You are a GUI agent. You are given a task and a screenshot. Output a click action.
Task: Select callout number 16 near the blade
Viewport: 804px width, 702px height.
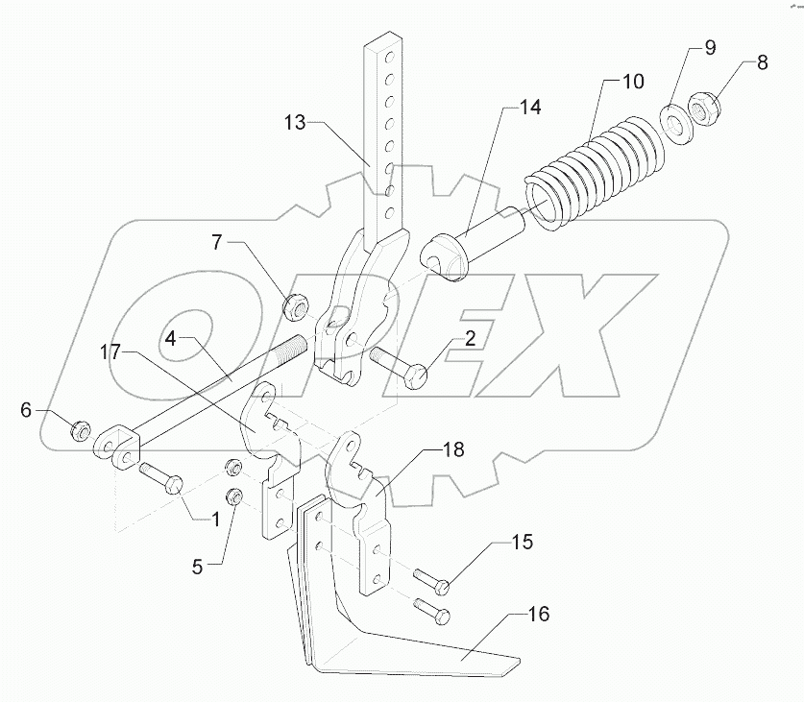tap(541, 614)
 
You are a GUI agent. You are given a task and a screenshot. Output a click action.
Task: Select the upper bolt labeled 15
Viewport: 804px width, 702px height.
tap(427, 578)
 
